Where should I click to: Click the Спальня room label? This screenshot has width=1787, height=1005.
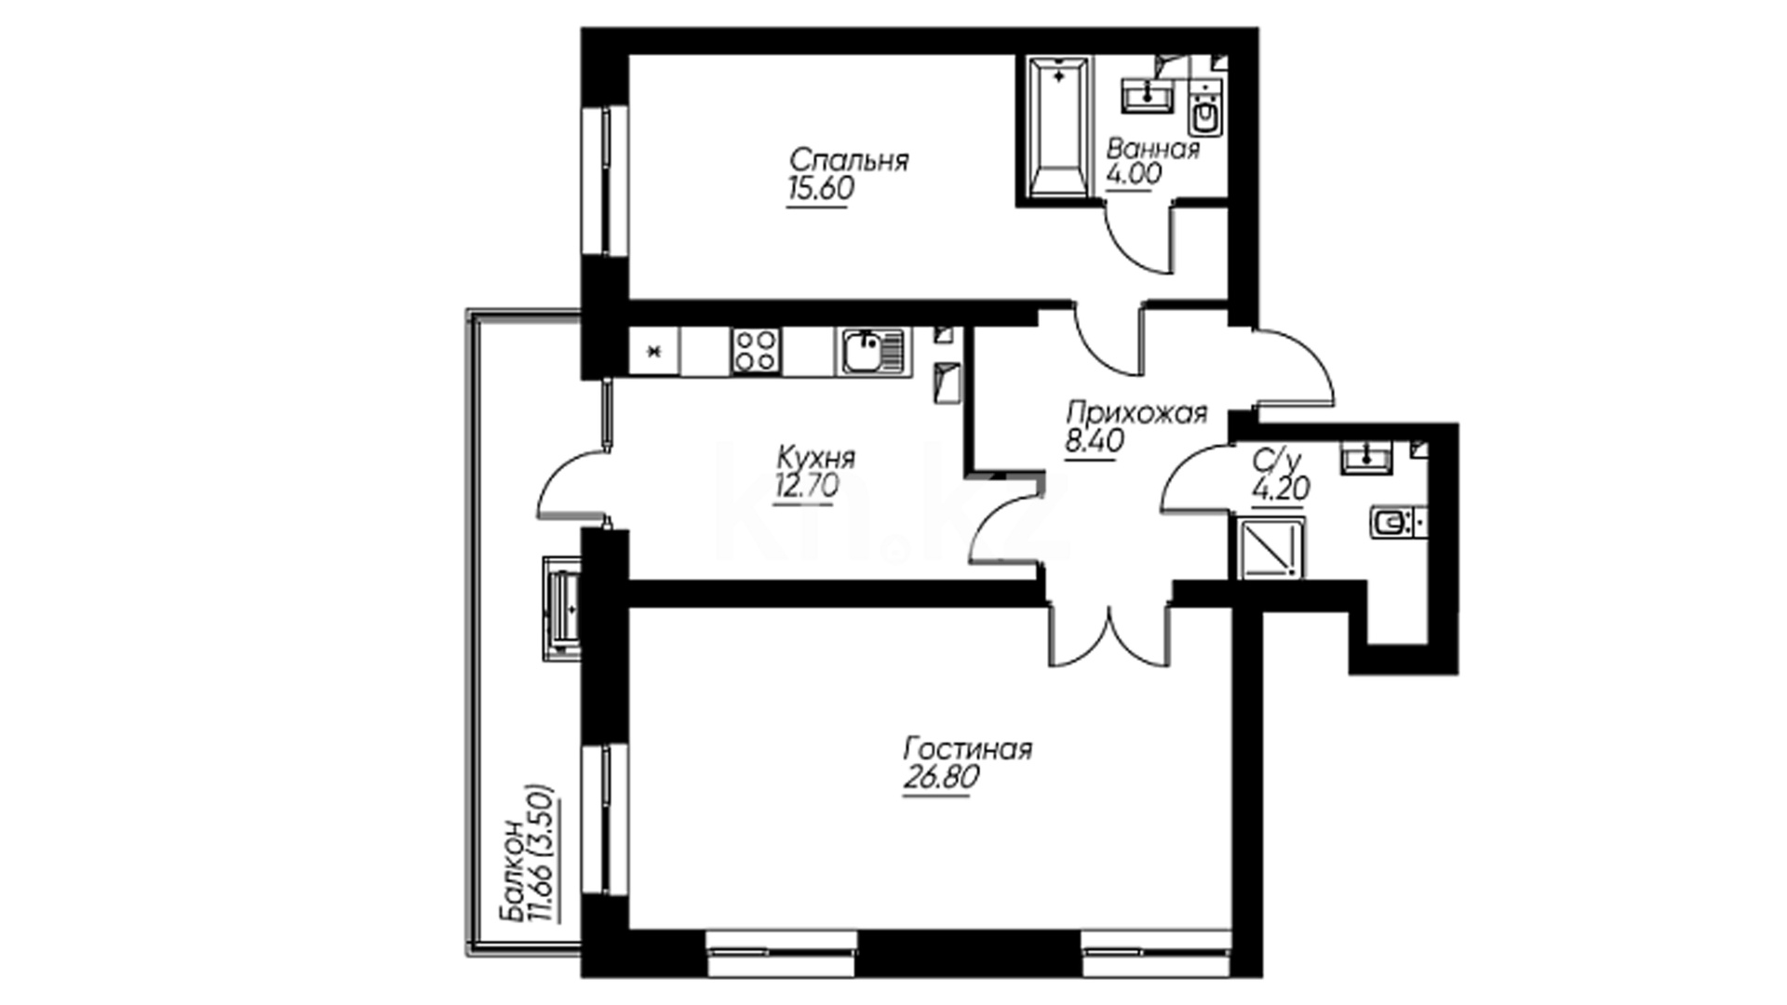[x=848, y=160]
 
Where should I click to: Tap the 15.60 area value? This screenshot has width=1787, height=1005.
[x=820, y=189]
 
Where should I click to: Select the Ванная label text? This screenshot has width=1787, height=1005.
[x=1153, y=149]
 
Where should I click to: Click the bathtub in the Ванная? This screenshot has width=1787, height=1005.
[x=1058, y=128]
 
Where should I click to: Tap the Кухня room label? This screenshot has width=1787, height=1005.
[x=815, y=458]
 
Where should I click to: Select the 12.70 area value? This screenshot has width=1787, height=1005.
[x=806, y=486]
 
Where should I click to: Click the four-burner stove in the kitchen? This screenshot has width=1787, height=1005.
[x=755, y=351]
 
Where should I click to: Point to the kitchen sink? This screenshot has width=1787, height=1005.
[x=873, y=351]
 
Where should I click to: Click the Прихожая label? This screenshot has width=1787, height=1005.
[x=1136, y=412]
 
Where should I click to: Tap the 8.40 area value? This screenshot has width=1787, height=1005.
[x=1095, y=440]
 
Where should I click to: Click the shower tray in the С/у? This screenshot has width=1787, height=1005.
[x=1272, y=547]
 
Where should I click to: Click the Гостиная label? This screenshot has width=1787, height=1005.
[x=968, y=749]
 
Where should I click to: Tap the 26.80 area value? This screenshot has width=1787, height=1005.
[x=941, y=777]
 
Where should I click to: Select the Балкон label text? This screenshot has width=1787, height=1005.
[x=512, y=870]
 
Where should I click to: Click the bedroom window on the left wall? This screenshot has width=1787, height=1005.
[x=606, y=181]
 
